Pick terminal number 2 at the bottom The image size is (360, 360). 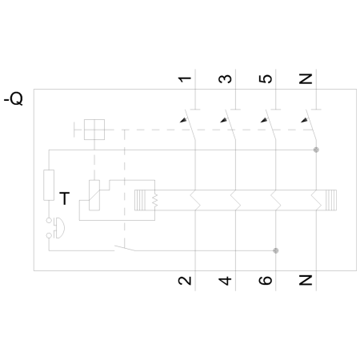[x=185, y=281]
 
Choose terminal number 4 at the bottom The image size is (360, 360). [x=226, y=281]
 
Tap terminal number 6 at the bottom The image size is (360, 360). [x=267, y=281]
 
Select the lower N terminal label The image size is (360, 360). [x=307, y=281]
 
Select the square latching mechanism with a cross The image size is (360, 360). [x=95, y=130]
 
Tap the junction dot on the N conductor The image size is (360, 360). [x=317, y=150]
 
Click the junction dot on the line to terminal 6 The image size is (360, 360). [x=276, y=250]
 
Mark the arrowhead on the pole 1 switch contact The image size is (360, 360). [x=184, y=120]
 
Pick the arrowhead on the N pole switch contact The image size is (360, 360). [x=306, y=120]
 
